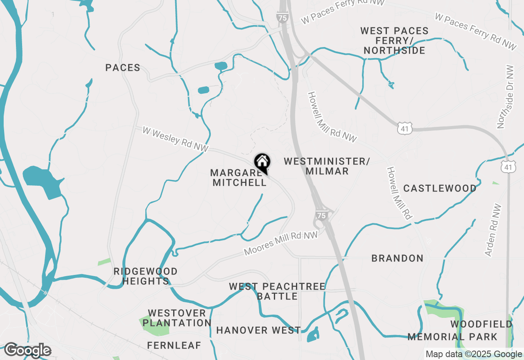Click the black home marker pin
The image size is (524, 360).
click(262, 162)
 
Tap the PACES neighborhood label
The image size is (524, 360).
click(123, 68)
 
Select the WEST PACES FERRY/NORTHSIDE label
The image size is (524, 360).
click(394, 41)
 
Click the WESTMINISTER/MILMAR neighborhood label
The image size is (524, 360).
click(327, 166)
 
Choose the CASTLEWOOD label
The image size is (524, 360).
click(440, 189)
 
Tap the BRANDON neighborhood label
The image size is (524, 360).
click(397, 259)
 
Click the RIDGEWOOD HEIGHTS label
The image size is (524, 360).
click(145, 277)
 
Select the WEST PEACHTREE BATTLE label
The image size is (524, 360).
click(277, 291)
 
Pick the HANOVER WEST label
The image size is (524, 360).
click(258, 330)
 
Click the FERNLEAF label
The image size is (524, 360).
click(174, 346)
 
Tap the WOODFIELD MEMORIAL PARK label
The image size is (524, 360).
click(458, 331)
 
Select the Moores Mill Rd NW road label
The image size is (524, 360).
click(281, 243)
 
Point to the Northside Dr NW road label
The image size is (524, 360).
click(503, 97)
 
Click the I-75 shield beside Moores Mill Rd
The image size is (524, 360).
click(321, 215)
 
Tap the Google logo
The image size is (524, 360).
click(27, 350)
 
